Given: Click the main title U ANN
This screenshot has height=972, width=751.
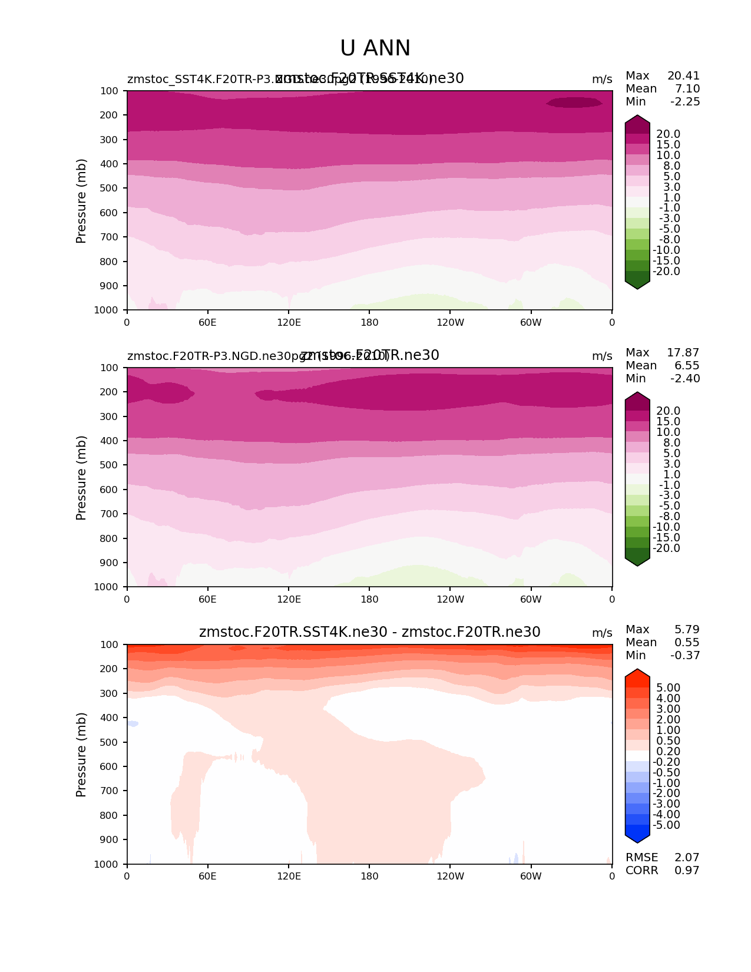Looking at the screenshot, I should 375,48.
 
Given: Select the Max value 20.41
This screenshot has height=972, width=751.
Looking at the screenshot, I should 683,76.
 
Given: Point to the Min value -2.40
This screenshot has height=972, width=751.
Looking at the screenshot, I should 685,379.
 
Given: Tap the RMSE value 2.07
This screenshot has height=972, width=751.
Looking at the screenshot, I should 687,858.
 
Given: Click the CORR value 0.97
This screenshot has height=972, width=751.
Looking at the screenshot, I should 687,871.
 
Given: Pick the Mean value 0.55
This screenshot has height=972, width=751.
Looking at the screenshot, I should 687,643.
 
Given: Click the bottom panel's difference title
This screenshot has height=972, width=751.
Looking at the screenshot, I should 369,633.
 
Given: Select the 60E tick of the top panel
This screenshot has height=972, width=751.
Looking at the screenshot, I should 207,322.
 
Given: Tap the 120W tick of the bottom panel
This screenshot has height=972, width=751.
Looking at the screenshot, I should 450,877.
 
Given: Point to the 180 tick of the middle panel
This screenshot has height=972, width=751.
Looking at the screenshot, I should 369,600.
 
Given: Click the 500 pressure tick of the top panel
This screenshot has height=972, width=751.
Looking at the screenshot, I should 110,189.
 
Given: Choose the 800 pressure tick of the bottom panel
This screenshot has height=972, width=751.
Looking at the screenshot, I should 110,816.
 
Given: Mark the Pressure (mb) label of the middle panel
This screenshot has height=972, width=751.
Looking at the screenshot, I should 81,478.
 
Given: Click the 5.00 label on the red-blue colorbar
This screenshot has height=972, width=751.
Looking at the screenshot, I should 668,688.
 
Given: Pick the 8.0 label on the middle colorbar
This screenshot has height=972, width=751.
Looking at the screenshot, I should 668,443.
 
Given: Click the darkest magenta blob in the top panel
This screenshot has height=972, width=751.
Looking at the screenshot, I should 574,103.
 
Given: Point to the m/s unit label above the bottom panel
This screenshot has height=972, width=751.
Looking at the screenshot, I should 602,633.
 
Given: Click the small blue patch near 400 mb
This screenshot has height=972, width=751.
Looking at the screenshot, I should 133,723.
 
